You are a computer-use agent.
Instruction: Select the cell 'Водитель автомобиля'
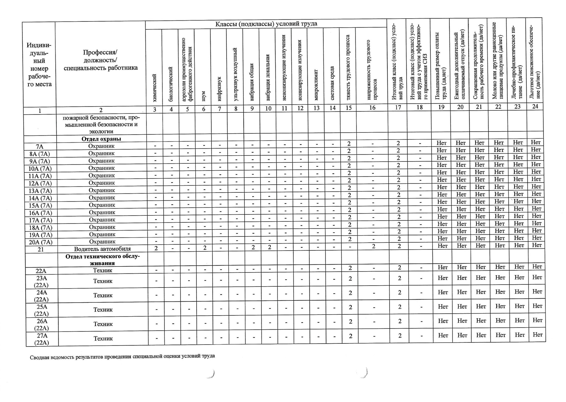(x=102, y=249)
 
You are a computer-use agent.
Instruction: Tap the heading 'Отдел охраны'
(x=101, y=139)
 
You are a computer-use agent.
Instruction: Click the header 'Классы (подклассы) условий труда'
(x=266, y=24)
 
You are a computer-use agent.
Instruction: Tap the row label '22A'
(x=41, y=271)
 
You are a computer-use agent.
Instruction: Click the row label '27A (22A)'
(x=42, y=339)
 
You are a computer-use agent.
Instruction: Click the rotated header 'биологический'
(x=171, y=84)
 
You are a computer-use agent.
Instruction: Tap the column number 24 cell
(x=535, y=106)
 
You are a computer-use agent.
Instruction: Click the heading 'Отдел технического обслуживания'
(x=102, y=260)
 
